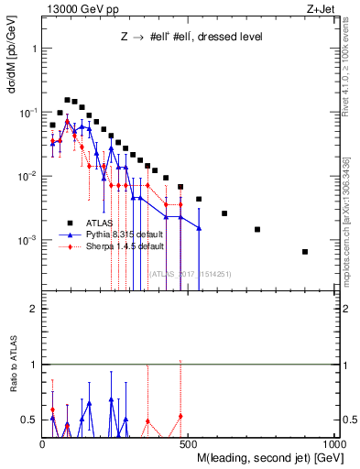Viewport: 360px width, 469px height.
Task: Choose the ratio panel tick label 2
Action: point(32,309)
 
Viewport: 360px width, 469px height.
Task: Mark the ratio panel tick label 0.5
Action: point(28,420)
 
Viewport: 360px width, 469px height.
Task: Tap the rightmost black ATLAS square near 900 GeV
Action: point(305,252)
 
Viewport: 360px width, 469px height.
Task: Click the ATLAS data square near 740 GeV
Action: point(257,229)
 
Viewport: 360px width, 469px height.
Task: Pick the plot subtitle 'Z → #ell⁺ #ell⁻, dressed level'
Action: point(191,38)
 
